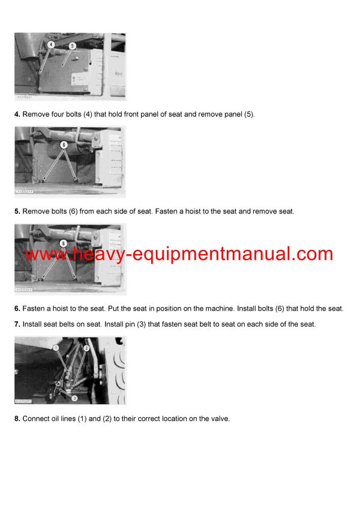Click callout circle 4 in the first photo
point(51,44)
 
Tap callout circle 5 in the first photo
point(73,46)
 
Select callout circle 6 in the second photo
point(64,144)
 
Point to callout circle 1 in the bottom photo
point(55,347)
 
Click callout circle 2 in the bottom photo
point(86,348)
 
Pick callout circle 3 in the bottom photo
point(74,397)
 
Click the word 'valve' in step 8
point(219,419)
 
